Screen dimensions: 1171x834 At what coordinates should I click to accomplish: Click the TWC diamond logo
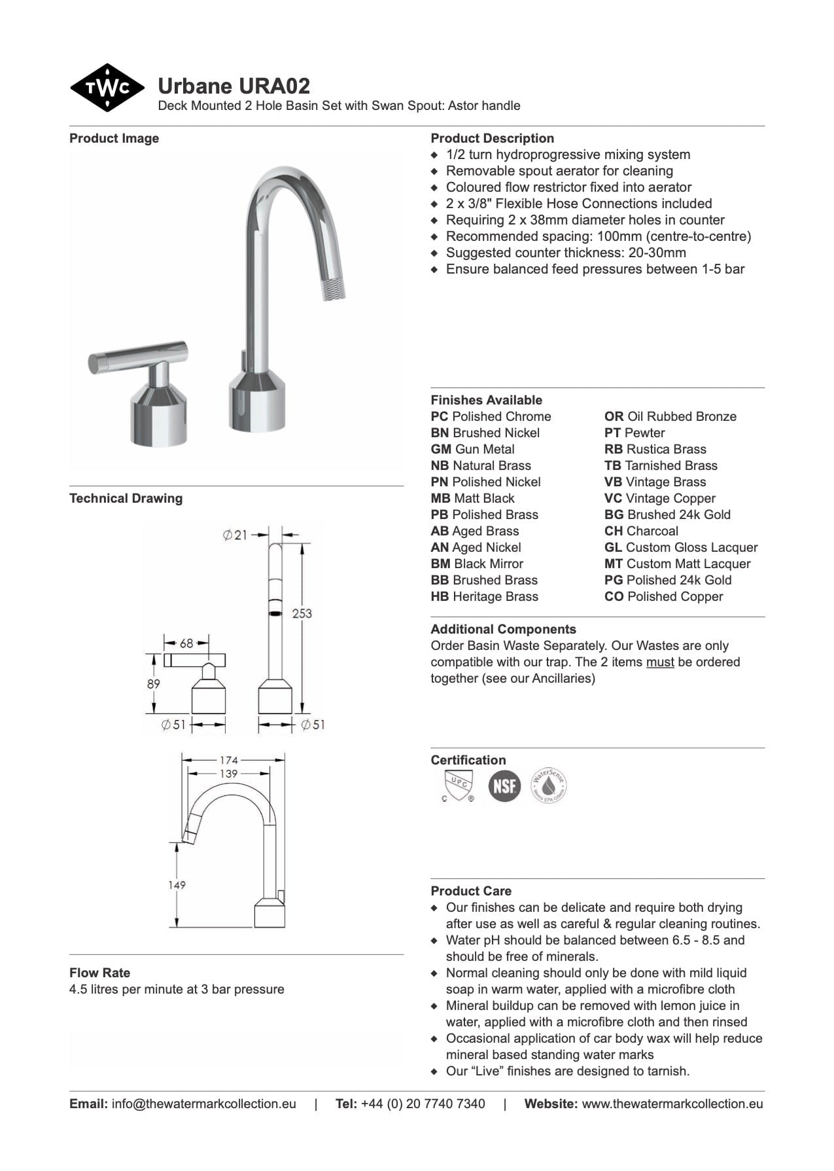pos(107,88)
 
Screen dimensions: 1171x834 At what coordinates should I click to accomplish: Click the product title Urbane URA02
pos(234,86)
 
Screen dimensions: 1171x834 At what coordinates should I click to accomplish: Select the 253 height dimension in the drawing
pos(302,613)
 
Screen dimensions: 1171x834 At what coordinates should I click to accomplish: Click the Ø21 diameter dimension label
pos(235,535)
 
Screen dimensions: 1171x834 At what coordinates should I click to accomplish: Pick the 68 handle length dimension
pos(186,643)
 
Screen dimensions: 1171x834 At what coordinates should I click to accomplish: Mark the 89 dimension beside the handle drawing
pos(153,683)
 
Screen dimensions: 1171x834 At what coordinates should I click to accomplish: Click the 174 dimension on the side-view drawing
pos(229,760)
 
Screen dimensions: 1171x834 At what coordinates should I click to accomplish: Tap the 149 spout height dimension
pos(177,884)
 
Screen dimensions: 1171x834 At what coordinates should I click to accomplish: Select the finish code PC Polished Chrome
pos(491,416)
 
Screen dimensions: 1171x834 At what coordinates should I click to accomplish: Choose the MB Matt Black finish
pos(472,498)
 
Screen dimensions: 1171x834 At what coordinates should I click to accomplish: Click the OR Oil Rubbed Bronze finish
pos(670,416)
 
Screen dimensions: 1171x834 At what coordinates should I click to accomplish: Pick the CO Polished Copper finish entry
pos(663,596)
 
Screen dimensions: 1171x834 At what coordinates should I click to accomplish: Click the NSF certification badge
pos(504,785)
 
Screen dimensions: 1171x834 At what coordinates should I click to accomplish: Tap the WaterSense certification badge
pos(548,785)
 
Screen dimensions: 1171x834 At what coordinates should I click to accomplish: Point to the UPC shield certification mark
pos(457,785)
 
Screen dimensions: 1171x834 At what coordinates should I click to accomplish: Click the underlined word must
pos(660,662)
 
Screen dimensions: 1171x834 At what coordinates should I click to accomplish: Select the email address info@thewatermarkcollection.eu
pos(203,1104)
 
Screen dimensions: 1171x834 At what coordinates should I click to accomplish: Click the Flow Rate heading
pos(99,973)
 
